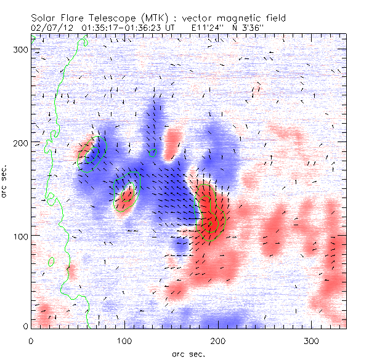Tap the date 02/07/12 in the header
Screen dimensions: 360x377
(x=48, y=27)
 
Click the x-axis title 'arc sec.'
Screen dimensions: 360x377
(x=188, y=353)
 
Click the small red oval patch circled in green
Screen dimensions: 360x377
(x=126, y=199)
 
